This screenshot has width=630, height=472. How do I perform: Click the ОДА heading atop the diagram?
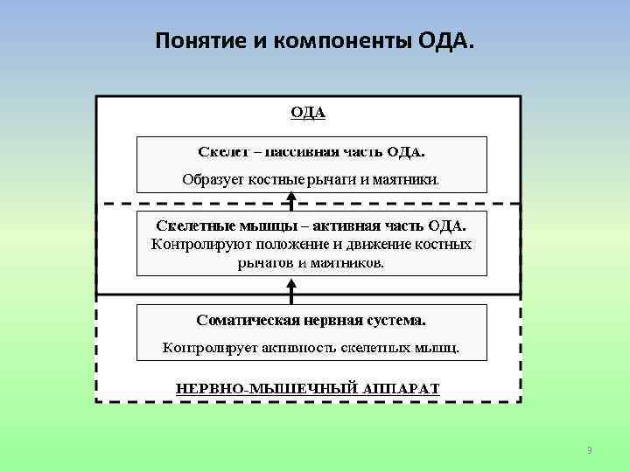[308, 112]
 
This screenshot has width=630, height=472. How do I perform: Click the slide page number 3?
[589, 450]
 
